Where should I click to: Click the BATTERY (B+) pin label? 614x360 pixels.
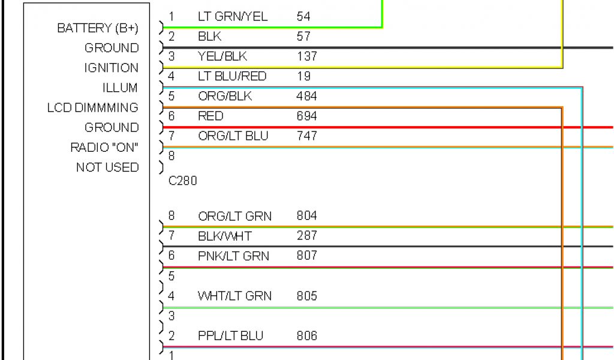pyautogui.click(x=98, y=28)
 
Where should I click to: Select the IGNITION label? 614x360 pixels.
pyautogui.click(x=111, y=68)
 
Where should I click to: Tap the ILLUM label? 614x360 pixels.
pyautogui.click(x=120, y=88)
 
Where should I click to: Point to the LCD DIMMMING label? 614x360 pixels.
pyautogui.click(x=92, y=108)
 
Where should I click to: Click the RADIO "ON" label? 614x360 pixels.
pyautogui.click(x=104, y=148)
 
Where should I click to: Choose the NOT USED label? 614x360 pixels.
pyautogui.click(x=107, y=167)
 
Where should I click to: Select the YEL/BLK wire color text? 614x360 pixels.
pyautogui.click(x=222, y=56)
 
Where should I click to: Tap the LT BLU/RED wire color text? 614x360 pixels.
pyautogui.click(x=232, y=76)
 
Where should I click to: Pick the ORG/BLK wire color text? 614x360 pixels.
pyautogui.click(x=225, y=96)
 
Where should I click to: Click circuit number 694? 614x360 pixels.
pyautogui.click(x=306, y=116)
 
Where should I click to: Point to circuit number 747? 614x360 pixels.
pyautogui.click(x=306, y=136)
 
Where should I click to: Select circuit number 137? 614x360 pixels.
pyautogui.click(x=306, y=56)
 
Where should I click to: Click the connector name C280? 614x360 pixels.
pyautogui.click(x=182, y=181)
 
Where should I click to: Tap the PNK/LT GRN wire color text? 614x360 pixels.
pyautogui.click(x=233, y=256)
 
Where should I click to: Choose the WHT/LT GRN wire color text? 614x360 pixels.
pyautogui.click(x=234, y=296)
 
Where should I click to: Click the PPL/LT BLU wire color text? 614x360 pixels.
pyautogui.click(x=230, y=336)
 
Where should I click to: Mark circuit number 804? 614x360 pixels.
pyautogui.click(x=306, y=216)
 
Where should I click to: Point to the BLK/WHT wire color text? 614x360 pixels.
pyautogui.click(x=225, y=236)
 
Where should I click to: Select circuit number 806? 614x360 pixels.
pyautogui.click(x=306, y=336)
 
